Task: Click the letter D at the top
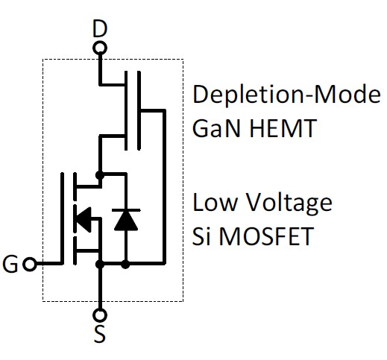click(x=98, y=30)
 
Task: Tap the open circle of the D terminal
click(x=99, y=49)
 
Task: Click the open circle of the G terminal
click(x=30, y=264)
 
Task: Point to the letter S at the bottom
click(x=99, y=335)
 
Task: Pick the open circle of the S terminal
click(x=99, y=315)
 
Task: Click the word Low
click(x=213, y=203)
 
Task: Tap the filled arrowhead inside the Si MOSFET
click(x=83, y=219)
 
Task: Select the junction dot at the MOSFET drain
click(x=99, y=174)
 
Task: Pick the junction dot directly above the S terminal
click(x=99, y=264)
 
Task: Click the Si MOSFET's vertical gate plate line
click(x=61, y=219)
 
